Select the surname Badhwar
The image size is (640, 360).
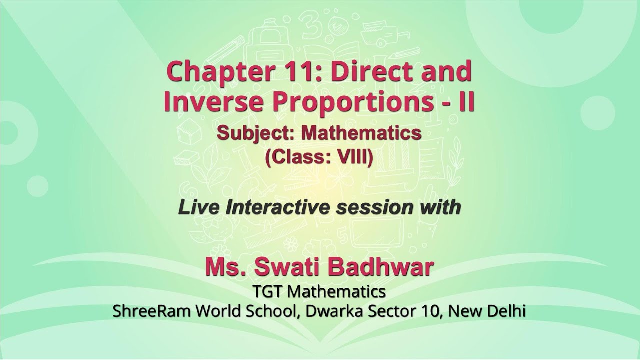tap(387, 268)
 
